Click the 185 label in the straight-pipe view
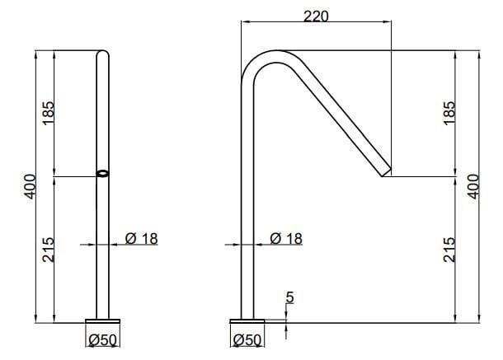click(48, 113)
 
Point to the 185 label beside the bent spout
click(449, 113)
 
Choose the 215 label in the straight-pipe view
click(48, 250)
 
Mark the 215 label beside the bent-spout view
click(449, 250)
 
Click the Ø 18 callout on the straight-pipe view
click(141, 238)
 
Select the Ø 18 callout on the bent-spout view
click(286, 238)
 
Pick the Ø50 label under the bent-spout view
click(247, 339)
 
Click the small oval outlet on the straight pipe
click(103, 174)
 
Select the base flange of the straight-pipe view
click(103, 321)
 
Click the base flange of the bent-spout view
click(247, 321)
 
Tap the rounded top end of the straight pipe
click(103, 55)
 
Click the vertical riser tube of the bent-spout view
click(247, 206)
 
